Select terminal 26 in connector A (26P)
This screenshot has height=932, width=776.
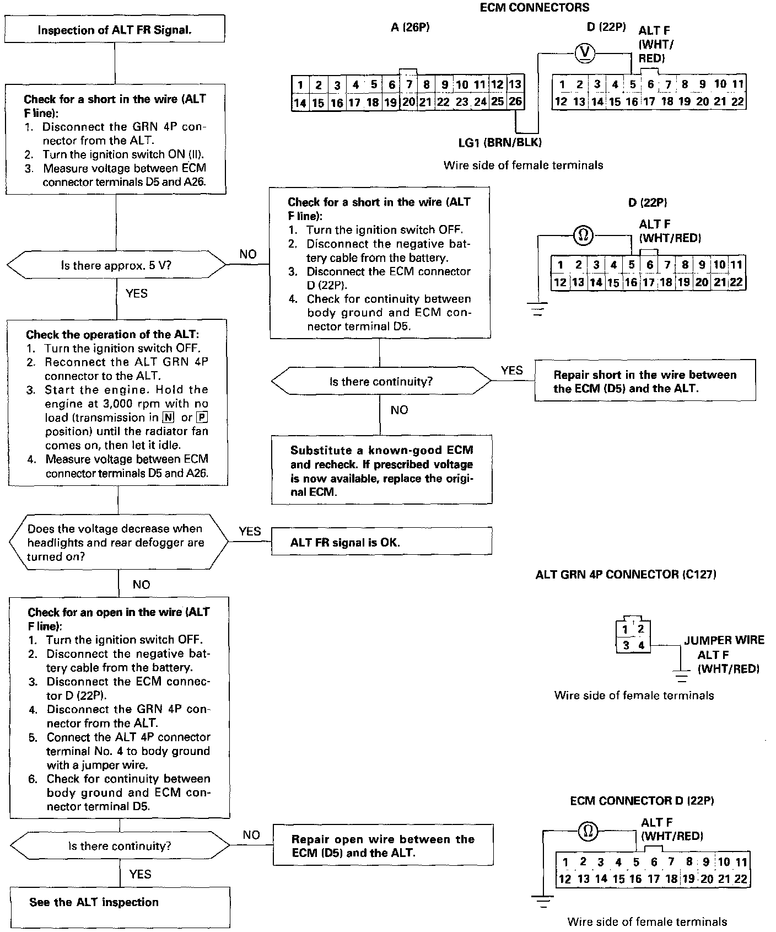(515, 101)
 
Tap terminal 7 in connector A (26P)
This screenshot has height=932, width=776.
(409, 85)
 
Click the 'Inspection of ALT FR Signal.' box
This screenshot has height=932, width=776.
(115, 30)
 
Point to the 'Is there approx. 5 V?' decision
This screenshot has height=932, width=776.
(116, 265)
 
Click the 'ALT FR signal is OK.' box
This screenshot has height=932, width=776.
(381, 542)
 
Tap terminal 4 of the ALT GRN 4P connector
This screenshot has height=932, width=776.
(641, 645)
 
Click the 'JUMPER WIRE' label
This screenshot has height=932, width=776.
(724, 640)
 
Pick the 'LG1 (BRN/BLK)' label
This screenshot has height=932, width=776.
(500, 142)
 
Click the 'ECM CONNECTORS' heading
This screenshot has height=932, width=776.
(534, 8)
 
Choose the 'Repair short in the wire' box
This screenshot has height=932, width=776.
(645, 381)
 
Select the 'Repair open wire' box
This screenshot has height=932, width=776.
(383, 846)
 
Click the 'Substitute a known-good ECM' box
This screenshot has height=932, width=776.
(381, 470)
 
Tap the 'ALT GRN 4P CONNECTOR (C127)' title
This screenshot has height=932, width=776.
(626, 575)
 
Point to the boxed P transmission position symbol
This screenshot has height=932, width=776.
(202, 417)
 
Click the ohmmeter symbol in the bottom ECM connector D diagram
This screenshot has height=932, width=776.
(588, 831)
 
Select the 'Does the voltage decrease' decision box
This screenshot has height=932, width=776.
(118, 543)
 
